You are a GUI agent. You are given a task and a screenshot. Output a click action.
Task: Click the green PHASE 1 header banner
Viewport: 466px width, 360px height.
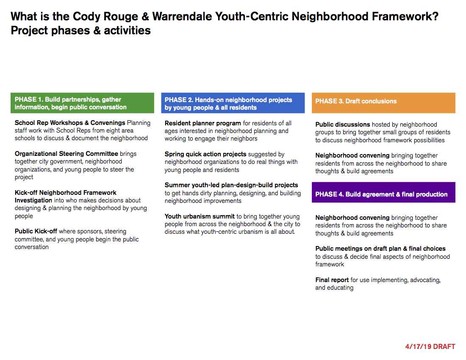pyautogui.click(x=82, y=103)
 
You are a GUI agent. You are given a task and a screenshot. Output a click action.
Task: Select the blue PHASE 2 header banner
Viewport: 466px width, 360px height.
pyautogui.click(x=233, y=103)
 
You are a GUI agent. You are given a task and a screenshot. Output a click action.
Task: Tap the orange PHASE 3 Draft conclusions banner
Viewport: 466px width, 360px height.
pyautogui.click(x=383, y=103)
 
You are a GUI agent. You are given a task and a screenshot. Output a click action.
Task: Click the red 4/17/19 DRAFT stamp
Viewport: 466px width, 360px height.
pyautogui.click(x=430, y=346)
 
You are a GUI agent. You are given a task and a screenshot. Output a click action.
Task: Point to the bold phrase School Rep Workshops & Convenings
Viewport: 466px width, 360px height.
pyautogui.click(x=70, y=123)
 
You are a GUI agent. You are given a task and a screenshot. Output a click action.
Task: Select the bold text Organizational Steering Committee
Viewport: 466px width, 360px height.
pyautogui.click(x=67, y=154)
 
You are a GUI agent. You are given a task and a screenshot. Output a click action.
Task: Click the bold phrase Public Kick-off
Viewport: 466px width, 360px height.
pyautogui.click(x=36, y=231)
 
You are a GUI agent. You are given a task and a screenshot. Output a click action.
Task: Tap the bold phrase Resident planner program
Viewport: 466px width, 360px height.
pyautogui.click(x=202, y=123)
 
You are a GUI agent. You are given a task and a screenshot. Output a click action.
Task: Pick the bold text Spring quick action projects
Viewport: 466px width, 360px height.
pyautogui.click(x=205, y=154)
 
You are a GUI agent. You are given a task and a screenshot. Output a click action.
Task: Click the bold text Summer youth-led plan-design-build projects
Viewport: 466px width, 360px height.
pyautogui.click(x=231, y=185)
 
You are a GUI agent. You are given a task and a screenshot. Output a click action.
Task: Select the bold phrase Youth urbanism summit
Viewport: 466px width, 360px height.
pyautogui.click(x=200, y=216)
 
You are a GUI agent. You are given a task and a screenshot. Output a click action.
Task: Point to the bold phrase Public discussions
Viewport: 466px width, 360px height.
pyautogui.click(x=343, y=125)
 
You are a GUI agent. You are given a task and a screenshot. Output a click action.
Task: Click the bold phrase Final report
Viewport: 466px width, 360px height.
pyautogui.click(x=332, y=280)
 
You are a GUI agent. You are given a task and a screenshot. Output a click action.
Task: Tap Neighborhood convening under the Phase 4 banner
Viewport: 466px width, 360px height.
pyautogui.click(x=352, y=218)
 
